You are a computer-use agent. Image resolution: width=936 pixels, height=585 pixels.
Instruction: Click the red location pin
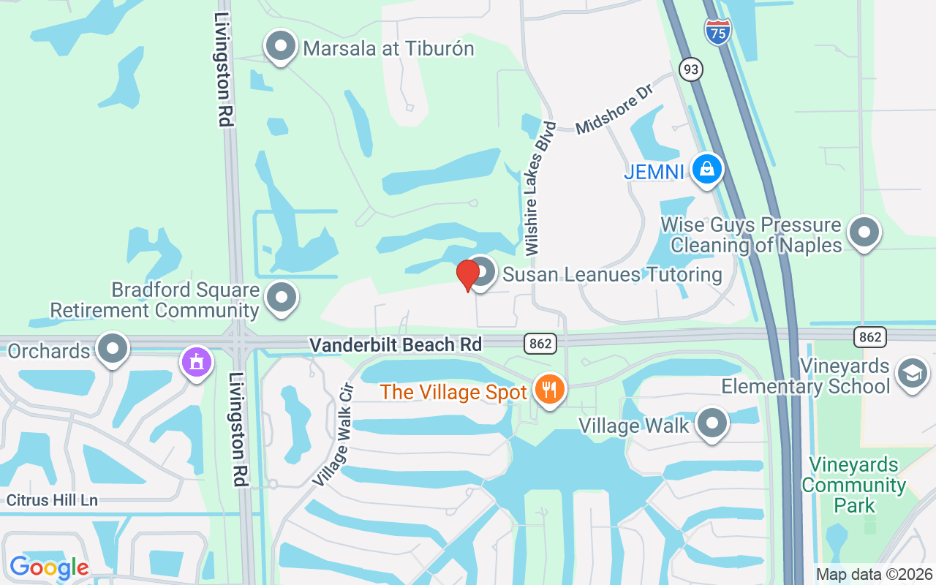(467, 276)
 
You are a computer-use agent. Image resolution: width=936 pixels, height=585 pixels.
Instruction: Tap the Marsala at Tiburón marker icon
(281, 47)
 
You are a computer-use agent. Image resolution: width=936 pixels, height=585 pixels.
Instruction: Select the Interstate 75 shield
(718, 31)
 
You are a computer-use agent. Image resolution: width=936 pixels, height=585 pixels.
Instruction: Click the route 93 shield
(690, 69)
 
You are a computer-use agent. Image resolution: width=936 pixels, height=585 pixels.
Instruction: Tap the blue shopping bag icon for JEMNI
(706, 170)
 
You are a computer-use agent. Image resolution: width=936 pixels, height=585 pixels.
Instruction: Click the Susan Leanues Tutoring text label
(612, 275)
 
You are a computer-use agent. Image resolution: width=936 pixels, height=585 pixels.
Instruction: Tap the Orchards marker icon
(113, 349)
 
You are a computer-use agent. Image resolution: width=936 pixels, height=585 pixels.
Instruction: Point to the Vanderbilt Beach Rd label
(396, 344)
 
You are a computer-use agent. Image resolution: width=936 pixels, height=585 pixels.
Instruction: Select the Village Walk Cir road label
(332, 434)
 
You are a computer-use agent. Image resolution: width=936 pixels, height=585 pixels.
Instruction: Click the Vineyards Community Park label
(854, 485)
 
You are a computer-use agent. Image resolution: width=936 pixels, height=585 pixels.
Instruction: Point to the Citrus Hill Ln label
(52, 501)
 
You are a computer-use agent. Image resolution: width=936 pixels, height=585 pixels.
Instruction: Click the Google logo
(49, 567)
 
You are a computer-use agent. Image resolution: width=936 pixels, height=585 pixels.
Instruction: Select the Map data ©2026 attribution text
(875, 575)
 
